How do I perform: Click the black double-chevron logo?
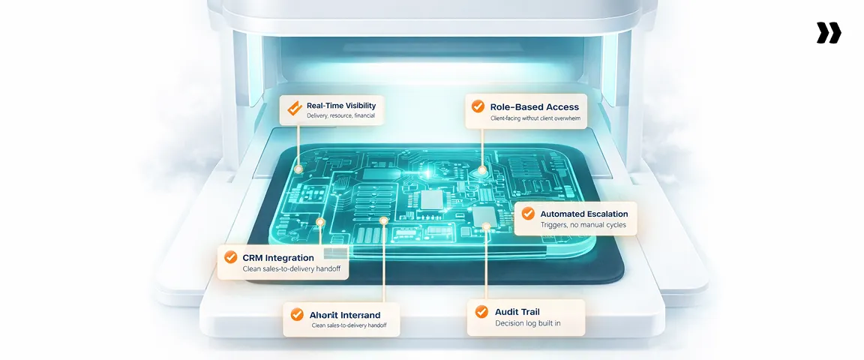tap(829, 33)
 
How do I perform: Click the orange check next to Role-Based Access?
tap(478, 106)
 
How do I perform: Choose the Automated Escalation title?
tap(583, 214)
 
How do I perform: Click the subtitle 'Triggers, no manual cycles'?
tap(583, 225)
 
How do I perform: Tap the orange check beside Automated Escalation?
tap(528, 214)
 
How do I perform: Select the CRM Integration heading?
tap(277, 257)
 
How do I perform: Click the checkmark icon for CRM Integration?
tap(230, 257)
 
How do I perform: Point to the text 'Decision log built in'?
tap(528, 323)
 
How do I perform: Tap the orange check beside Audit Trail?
tap(480, 311)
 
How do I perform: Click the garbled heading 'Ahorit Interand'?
tap(345, 315)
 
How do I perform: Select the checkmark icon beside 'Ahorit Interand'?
tap(297, 315)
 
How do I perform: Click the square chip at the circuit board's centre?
tap(432, 199)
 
